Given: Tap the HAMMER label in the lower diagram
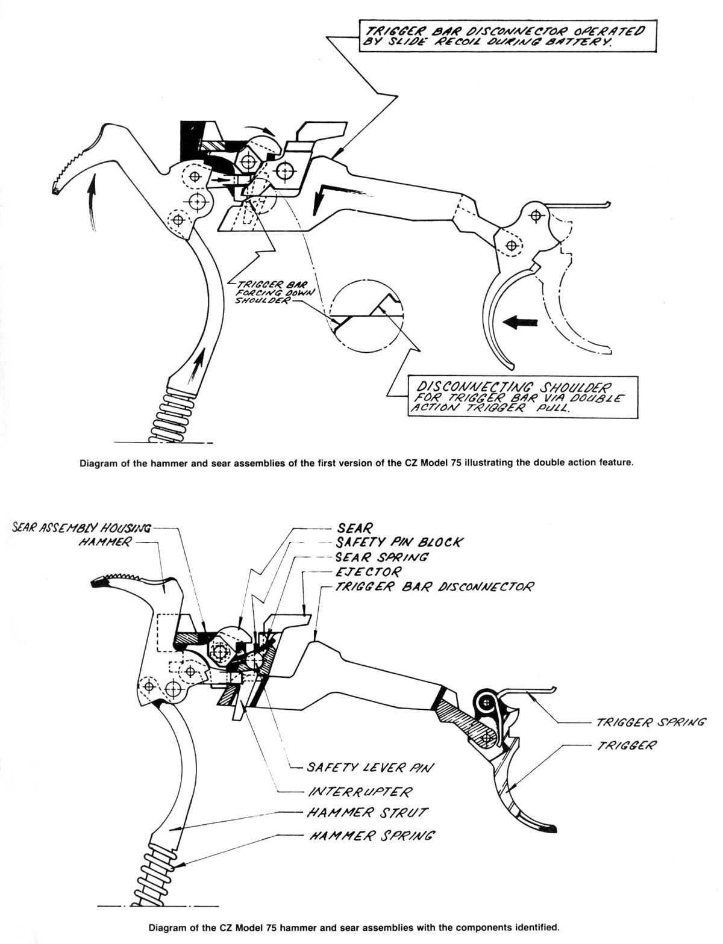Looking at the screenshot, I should (x=105, y=542).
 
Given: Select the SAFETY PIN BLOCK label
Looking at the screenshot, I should (x=399, y=542).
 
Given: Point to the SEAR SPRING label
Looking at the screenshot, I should (x=382, y=557).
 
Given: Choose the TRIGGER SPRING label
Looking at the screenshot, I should (x=650, y=722).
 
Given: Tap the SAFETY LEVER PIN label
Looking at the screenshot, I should (x=371, y=768).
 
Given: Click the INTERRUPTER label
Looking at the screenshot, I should (x=360, y=791).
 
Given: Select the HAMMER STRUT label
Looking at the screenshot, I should (x=367, y=812).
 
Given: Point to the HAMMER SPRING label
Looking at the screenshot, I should (x=372, y=835).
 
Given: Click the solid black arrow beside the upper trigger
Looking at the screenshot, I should (x=520, y=322).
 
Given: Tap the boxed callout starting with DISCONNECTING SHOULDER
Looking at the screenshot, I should (x=522, y=397).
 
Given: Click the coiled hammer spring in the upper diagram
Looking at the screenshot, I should (x=173, y=415).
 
